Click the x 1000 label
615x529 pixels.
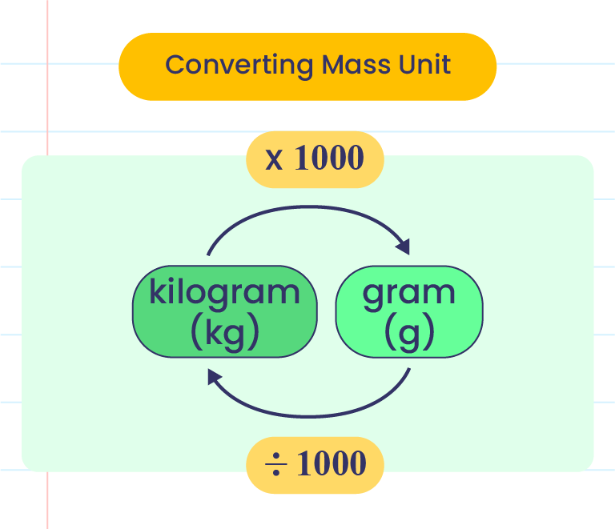tap(315, 159)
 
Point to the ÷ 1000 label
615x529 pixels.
tap(315, 463)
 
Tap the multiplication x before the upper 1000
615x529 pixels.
tap(275, 160)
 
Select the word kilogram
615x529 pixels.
tap(224, 293)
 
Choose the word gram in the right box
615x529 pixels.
tap(408, 293)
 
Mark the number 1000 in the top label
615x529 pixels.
tap(328, 159)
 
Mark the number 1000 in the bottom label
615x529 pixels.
tap(331, 463)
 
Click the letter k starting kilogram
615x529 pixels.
tap(157, 291)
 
